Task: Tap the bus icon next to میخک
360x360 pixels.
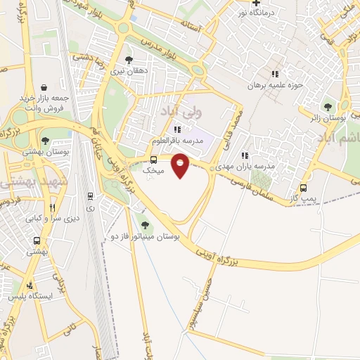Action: [154, 159]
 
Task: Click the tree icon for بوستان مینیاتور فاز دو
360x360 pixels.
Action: [145, 225]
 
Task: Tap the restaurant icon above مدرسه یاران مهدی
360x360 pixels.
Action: [244, 155]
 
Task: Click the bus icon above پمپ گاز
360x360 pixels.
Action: [304, 188]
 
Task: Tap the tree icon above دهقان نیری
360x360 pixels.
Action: [128, 60]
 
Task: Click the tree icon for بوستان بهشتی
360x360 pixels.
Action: [46, 141]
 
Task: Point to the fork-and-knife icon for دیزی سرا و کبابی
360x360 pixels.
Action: [52, 207]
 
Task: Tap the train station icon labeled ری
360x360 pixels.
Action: [90, 196]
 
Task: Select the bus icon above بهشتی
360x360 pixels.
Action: [37, 240]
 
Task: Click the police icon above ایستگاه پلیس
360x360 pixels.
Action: [30, 285]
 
